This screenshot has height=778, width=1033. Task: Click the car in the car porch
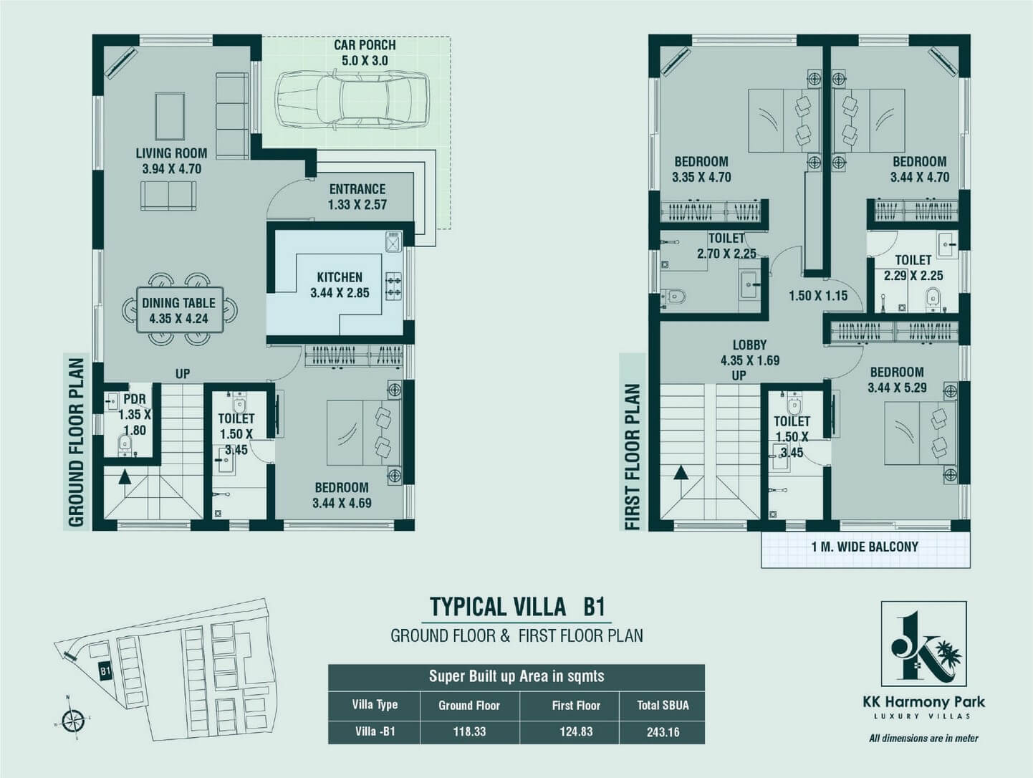tap(352, 100)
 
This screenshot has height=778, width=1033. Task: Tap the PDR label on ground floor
tap(135, 399)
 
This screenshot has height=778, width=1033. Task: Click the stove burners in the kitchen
tap(393, 286)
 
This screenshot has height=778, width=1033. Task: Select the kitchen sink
tap(393, 242)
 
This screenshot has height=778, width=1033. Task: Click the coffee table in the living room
tap(170, 116)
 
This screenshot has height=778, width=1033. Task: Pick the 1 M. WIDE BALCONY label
tap(865, 547)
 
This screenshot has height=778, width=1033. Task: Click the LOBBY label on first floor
tap(750, 345)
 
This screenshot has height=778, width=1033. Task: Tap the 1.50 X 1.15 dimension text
tap(818, 296)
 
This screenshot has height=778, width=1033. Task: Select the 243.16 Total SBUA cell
tap(663, 732)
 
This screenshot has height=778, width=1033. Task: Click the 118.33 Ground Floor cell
tap(469, 732)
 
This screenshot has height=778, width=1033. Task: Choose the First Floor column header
tap(576, 705)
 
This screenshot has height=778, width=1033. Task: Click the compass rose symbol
tap(73, 720)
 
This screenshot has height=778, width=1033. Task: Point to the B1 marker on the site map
tap(105, 671)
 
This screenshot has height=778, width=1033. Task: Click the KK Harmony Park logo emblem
tap(924, 644)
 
